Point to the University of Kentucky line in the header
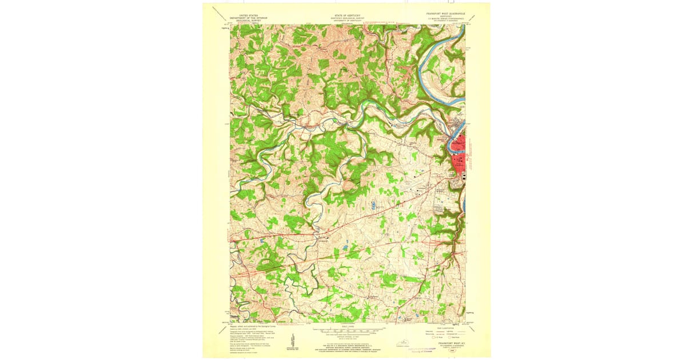coord(346,21)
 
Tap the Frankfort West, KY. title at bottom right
coord(449,343)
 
